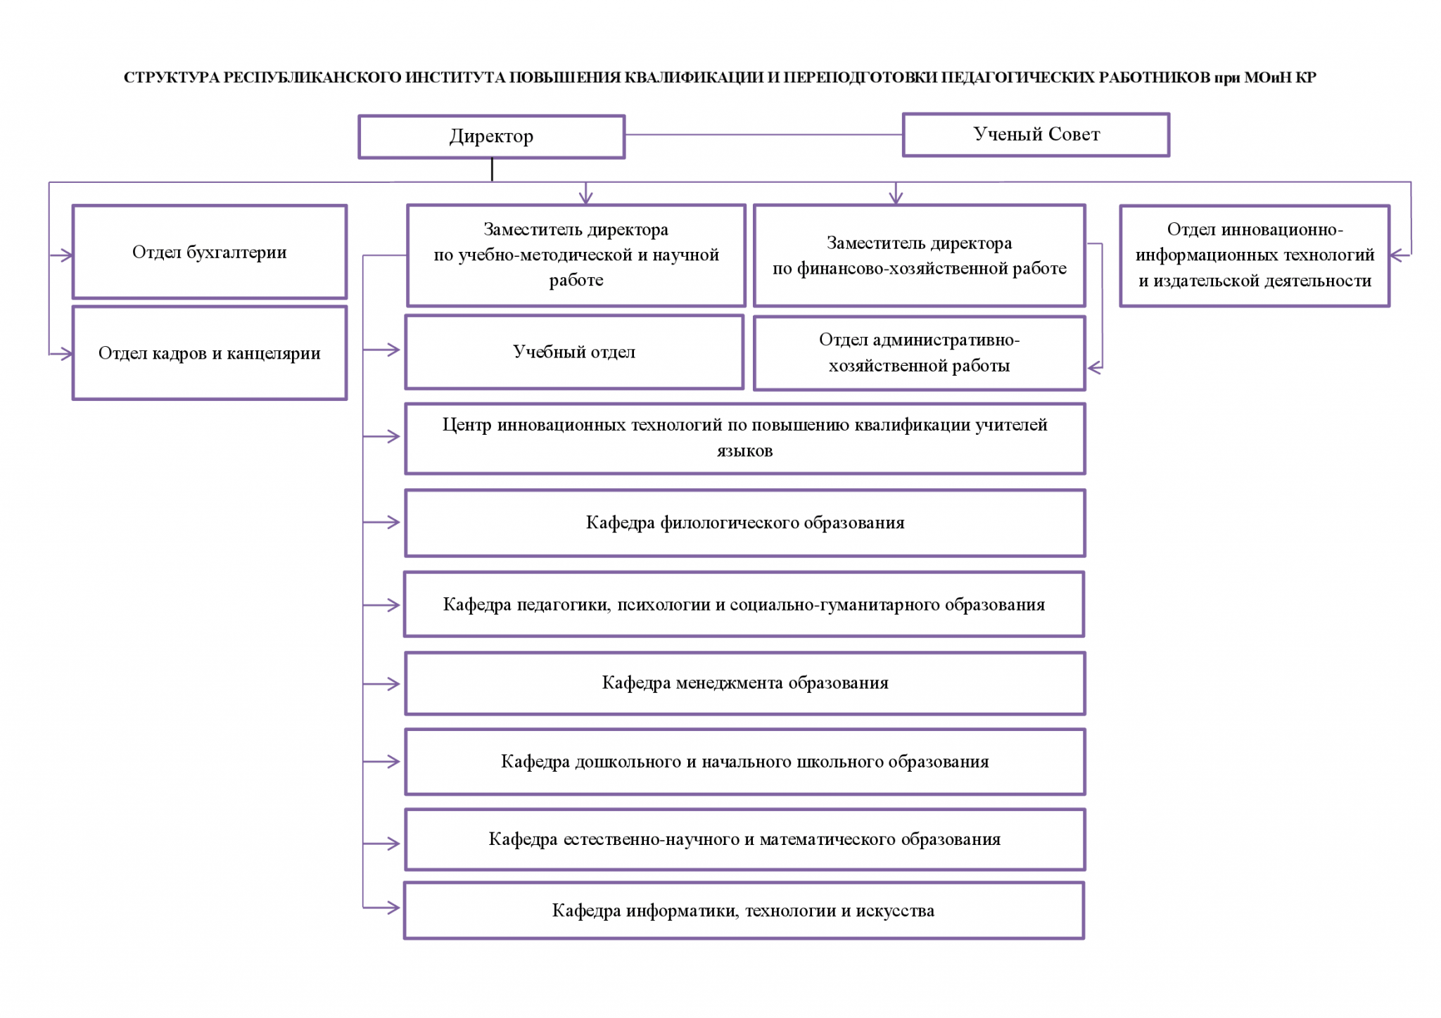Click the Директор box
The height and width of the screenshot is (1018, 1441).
[x=491, y=136]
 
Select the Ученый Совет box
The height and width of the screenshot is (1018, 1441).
[x=1036, y=134]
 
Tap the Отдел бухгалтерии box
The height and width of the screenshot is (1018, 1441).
[x=210, y=252]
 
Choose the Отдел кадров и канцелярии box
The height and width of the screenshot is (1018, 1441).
[x=210, y=352]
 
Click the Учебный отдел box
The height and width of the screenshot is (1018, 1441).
[x=574, y=352]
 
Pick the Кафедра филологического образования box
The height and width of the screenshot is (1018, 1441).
[x=745, y=523]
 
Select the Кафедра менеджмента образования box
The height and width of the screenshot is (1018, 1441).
[x=745, y=683]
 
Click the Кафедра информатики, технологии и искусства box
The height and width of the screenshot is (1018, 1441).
[x=744, y=910]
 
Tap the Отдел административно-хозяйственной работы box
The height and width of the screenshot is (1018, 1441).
[x=919, y=352]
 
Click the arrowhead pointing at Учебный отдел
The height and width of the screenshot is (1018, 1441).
[x=393, y=350]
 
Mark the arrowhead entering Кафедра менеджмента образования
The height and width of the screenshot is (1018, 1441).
[x=393, y=684]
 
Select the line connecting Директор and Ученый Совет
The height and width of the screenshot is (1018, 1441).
[x=763, y=134]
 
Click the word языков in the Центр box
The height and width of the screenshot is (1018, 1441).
[x=744, y=451]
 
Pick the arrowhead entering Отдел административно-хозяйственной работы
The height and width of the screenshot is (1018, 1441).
[x=1094, y=367]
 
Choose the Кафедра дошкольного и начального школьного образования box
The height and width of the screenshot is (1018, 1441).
[x=745, y=762]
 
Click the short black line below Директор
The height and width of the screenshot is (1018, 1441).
[x=492, y=170]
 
